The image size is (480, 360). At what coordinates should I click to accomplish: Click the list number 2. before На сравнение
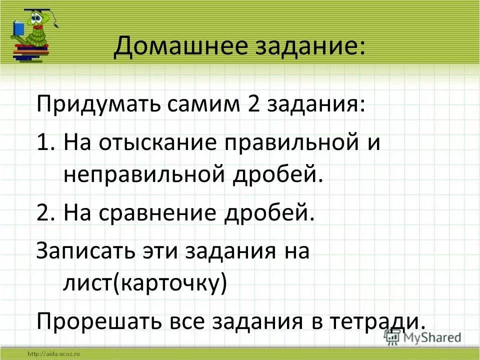(x=46, y=213)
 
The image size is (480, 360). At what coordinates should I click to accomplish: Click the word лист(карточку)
(x=144, y=283)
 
